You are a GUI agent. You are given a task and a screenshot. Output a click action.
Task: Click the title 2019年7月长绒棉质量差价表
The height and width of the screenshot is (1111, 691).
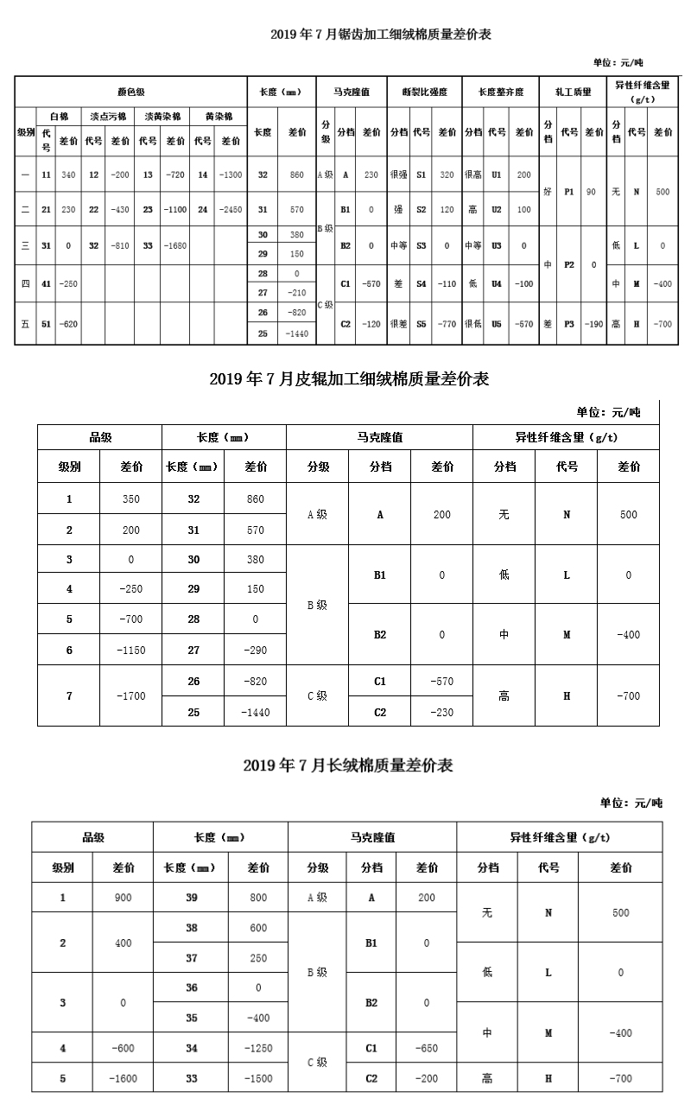pos(348,765)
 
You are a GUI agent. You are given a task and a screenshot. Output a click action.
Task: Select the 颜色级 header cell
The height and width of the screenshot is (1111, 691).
pos(130,92)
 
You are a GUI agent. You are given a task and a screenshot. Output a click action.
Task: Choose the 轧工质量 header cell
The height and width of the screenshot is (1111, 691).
pos(573,92)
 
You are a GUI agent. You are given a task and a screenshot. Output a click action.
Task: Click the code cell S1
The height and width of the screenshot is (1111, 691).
pos(422,175)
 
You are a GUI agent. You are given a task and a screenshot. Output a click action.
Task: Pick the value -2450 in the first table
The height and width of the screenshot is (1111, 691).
pos(231,209)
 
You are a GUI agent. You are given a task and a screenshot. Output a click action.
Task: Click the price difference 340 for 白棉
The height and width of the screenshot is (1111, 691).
pos(68,175)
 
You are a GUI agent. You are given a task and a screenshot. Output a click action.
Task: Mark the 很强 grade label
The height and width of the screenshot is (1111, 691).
pos(398,175)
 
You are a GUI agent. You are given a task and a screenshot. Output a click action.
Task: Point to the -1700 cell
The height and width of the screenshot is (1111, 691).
pos(130,696)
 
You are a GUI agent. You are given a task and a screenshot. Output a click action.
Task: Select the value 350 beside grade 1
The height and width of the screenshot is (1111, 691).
pos(130,499)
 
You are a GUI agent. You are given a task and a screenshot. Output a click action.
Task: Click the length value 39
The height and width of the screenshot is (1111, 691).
pos(192,898)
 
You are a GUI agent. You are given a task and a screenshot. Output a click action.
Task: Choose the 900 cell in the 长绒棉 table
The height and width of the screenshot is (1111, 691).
pos(124,898)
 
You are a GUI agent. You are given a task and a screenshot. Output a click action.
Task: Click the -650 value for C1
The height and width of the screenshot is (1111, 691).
pos(427,1048)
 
